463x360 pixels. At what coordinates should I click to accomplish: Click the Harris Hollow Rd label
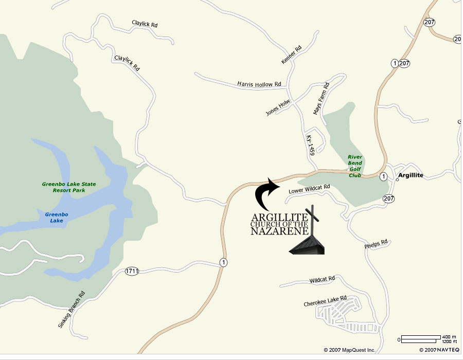(x=259, y=83)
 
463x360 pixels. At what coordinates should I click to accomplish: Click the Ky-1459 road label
(x=310, y=146)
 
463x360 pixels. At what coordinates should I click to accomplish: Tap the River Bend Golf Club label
(x=355, y=166)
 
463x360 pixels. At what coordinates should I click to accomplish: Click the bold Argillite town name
(x=411, y=175)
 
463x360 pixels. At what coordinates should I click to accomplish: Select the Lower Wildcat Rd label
(x=309, y=190)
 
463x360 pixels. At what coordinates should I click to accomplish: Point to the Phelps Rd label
(x=377, y=243)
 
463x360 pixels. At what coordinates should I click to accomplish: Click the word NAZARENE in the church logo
(x=279, y=231)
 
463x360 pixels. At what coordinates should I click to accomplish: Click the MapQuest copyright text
(x=350, y=350)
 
